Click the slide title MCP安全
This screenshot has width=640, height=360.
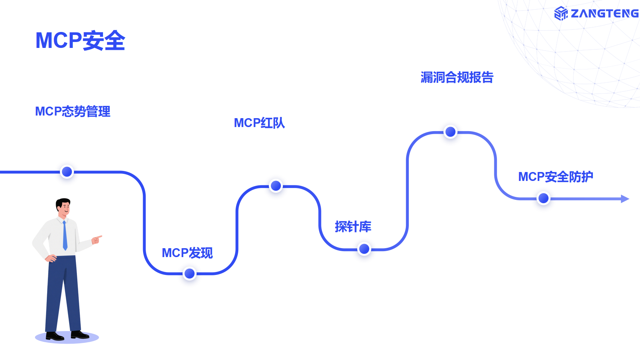[x=80, y=40]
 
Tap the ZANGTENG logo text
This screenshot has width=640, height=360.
[x=604, y=14]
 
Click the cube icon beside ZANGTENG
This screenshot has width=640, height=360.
[x=561, y=14]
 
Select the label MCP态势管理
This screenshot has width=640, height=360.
[x=72, y=111]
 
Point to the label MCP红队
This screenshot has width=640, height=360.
[x=259, y=123]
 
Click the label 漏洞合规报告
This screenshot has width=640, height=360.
[x=457, y=78]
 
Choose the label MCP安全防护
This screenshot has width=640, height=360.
[x=555, y=177]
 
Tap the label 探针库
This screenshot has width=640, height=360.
[x=353, y=227]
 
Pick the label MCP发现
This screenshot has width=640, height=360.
[x=187, y=253]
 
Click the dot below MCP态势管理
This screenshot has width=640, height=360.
[x=67, y=172]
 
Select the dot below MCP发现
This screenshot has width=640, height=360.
[x=190, y=273]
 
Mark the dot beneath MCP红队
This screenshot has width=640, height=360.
[x=276, y=186]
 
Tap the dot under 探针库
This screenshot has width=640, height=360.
[x=364, y=249]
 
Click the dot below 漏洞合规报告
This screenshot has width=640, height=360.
[x=450, y=132]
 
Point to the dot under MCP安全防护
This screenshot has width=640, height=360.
[x=543, y=198]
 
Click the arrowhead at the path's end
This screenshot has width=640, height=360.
[x=625, y=199]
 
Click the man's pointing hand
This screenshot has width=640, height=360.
[x=97, y=239]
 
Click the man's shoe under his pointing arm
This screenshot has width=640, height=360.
[x=79, y=335]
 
